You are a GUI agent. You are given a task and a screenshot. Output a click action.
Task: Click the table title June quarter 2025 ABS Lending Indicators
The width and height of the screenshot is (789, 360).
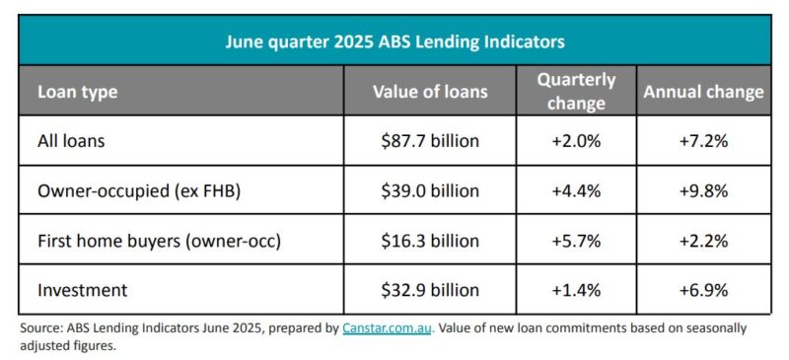pyautogui.click(x=394, y=41)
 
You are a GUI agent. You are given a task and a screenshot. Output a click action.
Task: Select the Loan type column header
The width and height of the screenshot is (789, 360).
pyautogui.click(x=77, y=92)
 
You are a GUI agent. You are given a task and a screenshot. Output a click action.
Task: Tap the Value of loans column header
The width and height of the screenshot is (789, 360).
pyautogui.click(x=430, y=92)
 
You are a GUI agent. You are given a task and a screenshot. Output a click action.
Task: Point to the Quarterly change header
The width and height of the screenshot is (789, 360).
pyautogui.click(x=577, y=91)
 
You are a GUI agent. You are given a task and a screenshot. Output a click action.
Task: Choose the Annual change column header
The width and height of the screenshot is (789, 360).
pyautogui.click(x=703, y=92)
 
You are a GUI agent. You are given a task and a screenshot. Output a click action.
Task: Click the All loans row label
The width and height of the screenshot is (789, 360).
pyautogui.click(x=71, y=141)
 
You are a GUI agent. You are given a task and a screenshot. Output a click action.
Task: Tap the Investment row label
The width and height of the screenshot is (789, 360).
pyautogui.click(x=81, y=290)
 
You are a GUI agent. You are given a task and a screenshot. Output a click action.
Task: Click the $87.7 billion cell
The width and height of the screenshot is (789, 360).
pyautogui.click(x=430, y=141)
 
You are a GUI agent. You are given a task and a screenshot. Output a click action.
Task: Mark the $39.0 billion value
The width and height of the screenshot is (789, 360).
pyautogui.click(x=430, y=191)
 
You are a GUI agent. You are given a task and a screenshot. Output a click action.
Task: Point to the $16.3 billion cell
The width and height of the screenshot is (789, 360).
pyautogui.click(x=430, y=241)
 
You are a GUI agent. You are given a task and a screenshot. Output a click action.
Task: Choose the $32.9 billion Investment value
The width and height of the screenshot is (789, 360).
pyautogui.click(x=430, y=290)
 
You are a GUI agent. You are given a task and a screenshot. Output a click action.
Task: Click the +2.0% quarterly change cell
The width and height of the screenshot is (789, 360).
pyautogui.click(x=577, y=141)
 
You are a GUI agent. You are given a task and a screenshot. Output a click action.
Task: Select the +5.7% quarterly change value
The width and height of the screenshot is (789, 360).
pyautogui.click(x=577, y=241)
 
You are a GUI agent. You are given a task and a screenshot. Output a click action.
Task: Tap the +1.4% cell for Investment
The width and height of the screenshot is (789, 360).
pyautogui.click(x=577, y=290)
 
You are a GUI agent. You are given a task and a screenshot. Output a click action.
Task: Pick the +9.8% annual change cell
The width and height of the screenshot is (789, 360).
pyautogui.click(x=703, y=191)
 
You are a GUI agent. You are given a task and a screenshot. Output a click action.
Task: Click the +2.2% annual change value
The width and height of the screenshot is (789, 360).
pyautogui.click(x=703, y=241)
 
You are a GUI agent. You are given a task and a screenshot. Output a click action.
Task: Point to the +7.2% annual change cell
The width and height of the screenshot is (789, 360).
pyautogui.click(x=703, y=141)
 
